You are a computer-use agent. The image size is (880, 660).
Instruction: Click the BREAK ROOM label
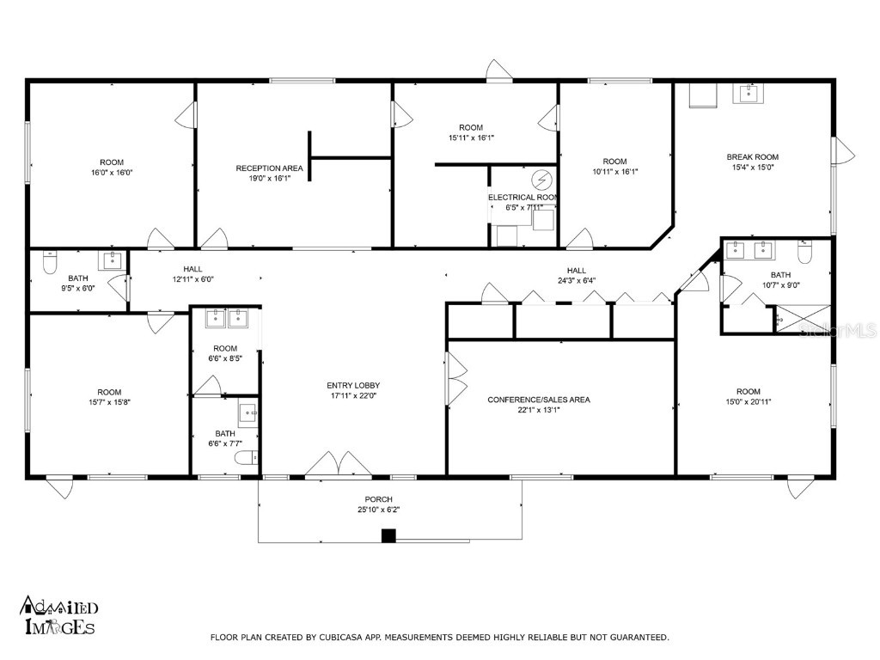752,156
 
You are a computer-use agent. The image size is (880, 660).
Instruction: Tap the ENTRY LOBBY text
353,386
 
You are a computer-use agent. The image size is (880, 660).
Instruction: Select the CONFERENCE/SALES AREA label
539,400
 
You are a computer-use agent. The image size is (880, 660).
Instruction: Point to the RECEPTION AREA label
269,168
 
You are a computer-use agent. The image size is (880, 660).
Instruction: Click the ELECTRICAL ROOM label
523,197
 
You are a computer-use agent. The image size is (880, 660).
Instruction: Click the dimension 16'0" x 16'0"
112,173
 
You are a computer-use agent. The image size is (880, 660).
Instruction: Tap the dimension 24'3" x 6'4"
576,280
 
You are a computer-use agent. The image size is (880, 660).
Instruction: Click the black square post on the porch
388,536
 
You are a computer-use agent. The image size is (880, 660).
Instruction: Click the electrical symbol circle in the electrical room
542,180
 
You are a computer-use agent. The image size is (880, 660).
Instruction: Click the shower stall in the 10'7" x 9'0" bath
804,320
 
